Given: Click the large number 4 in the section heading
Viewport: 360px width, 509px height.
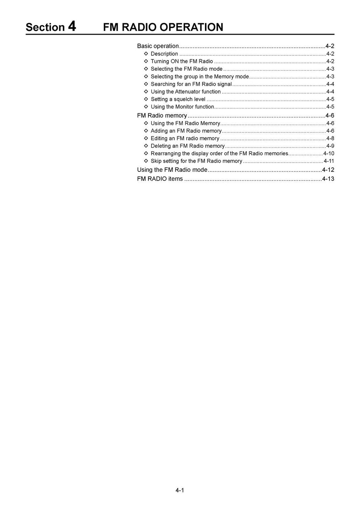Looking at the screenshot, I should tap(72, 26).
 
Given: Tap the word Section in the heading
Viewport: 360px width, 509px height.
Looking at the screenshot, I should tap(45, 27).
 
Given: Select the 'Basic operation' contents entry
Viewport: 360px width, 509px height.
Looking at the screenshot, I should tap(158, 46).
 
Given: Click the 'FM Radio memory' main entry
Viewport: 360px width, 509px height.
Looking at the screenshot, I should tap(162, 116).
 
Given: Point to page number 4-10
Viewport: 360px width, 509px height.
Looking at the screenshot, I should tap(329, 154).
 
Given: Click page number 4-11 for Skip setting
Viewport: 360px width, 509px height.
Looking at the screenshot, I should tap(329, 161).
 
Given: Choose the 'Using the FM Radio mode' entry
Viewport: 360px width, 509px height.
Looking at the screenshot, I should tap(172, 170).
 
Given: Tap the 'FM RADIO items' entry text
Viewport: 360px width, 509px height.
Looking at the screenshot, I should tap(160, 179).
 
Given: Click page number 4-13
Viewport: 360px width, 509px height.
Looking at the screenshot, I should tap(328, 179).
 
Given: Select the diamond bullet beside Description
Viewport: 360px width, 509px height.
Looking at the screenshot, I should tap(146, 54).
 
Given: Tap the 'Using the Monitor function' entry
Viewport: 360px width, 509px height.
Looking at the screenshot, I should tap(182, 107).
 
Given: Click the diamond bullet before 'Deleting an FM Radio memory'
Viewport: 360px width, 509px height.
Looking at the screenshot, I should tap(146, 146).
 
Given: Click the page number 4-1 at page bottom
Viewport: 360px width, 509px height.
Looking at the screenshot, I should tap(180, 490).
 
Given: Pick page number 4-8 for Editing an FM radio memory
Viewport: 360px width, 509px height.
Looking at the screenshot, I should tap(330, 138).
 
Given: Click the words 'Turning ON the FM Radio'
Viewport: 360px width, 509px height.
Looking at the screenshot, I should tap(182, 61).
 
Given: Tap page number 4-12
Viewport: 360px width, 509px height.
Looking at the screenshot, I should tap(328, 170).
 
